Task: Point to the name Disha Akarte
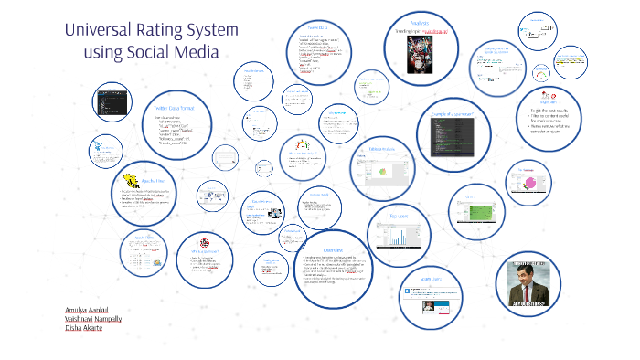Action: pyautogui.click(x=84, y=329)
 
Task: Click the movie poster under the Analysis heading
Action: pyautogui.click(x=418, y=58)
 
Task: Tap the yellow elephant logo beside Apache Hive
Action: pyautogui.click(x=131, y=181)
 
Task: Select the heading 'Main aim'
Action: pyautogui.click(x=548, y=103)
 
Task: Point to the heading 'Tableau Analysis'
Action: pyautogui.click(x=381, y=149)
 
